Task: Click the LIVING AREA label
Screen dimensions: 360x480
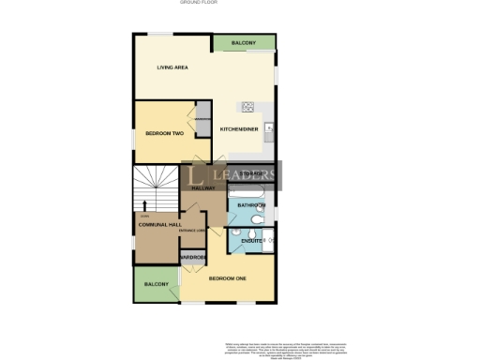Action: coord(173,67)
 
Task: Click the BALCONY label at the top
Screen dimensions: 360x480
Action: coord(244,42)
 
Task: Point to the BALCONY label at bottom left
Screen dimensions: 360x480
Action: coord(156,283)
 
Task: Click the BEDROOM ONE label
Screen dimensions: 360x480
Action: coord(227,279)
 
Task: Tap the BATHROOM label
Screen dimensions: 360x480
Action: coord(251,204)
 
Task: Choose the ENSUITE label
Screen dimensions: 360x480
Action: coord(251,242)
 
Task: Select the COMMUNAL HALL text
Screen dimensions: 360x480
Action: coord(159,225)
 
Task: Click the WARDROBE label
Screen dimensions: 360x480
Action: coord(193,257)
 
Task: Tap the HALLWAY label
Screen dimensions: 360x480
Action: coord(203,188)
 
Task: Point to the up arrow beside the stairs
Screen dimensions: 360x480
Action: coord(144,204)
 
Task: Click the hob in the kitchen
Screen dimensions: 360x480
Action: coord(248,106)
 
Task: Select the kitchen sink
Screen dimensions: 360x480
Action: coord(269,128)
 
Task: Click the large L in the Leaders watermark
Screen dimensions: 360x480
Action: coord(197,175)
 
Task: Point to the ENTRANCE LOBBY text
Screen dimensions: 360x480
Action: coord(205,231)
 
